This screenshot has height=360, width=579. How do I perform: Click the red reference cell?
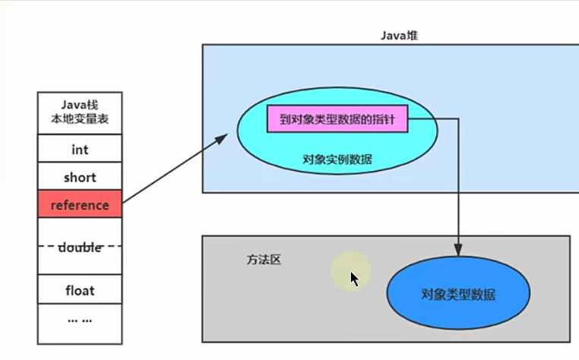(x=80, y=204)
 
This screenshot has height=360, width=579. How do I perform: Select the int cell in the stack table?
(x=80, y=150)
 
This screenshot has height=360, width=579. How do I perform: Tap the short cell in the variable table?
(x=80, y=177)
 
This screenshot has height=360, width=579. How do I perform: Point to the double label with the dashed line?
(x=80, y=247)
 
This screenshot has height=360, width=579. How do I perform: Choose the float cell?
(x=80, y=290)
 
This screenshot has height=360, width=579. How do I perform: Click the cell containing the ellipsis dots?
(x=80, y=319)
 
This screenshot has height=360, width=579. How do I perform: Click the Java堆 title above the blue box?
(x=399, y=36)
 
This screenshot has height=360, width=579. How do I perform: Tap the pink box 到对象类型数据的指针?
(x=337, y=119)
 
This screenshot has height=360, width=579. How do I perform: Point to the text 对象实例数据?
(x=337, y=159)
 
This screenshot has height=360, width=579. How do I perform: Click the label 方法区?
(x=263, y=260)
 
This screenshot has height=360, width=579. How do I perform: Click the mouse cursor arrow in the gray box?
(x=353, y=278)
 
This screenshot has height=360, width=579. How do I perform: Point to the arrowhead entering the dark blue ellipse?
(x=457, y=249)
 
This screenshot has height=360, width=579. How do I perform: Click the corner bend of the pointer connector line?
(x=457, y=119)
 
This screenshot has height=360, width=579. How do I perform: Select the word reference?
(x=80, y=204)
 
